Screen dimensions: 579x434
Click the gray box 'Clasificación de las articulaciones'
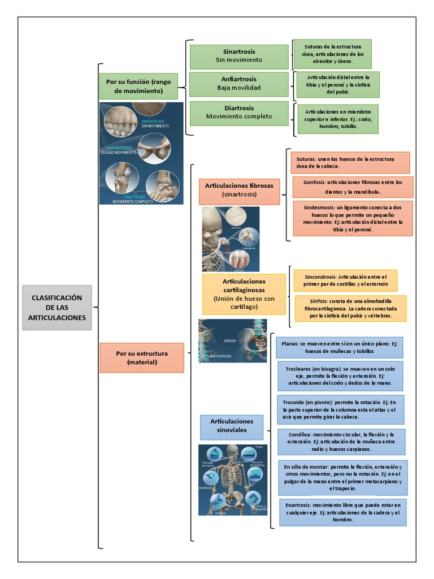click(57, 308)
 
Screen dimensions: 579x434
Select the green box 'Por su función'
click(138, 87)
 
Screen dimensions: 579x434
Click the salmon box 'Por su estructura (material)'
click(142, 357)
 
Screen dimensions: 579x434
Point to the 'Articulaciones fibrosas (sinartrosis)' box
click(239, 189)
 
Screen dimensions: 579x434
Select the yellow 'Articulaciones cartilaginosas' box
click(244, 294)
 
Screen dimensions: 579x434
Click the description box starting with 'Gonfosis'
click(353, 187)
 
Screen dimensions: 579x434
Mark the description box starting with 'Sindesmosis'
click(353, 218)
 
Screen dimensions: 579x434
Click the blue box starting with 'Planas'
click(339, 347)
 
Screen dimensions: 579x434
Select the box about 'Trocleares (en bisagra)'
click(340, 376)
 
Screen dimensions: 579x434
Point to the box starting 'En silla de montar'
click(342, 477)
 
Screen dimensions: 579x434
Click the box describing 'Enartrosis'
click(342, 512)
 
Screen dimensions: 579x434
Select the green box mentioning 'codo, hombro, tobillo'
click(338, 119)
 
